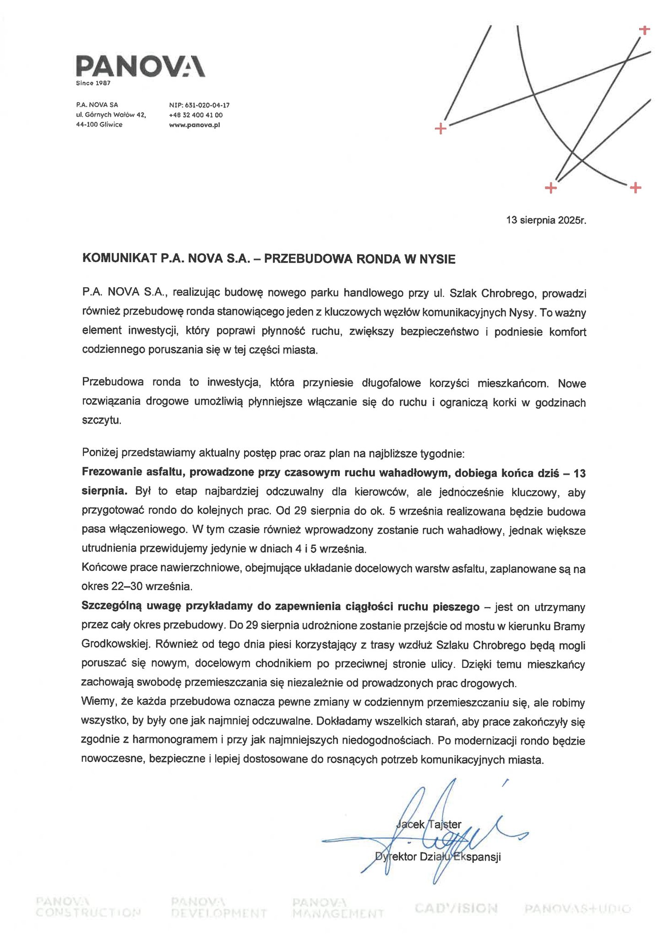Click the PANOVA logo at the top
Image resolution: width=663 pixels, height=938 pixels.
140,65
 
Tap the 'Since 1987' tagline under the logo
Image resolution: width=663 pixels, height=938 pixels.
93,83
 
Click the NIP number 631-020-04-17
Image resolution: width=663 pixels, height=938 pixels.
199,105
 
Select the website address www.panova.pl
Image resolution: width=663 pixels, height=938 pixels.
195,125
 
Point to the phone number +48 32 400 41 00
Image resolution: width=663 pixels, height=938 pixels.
196,115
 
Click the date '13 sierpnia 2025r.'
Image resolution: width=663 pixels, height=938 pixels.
546,220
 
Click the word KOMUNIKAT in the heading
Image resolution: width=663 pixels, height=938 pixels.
120,259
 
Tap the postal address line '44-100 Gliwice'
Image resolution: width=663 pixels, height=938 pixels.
99,125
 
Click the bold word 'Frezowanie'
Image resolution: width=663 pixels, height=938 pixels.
113,472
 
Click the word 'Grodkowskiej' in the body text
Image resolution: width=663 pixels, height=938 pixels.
115,644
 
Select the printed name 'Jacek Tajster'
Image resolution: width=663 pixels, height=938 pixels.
428,824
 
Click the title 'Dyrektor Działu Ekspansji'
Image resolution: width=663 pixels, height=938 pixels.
438,857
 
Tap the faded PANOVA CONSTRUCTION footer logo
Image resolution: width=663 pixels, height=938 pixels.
88,907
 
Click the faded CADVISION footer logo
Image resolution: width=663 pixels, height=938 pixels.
456,908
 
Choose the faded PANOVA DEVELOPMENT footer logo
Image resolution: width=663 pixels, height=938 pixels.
218,907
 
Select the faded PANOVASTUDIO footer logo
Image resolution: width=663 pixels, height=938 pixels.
578,908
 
